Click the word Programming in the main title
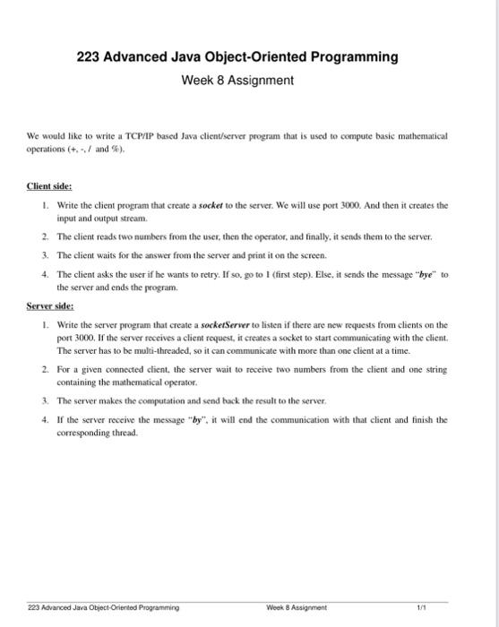pyautogui.click(x=354, y=57)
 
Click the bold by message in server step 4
pyautogui.click(x=193, y=418)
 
